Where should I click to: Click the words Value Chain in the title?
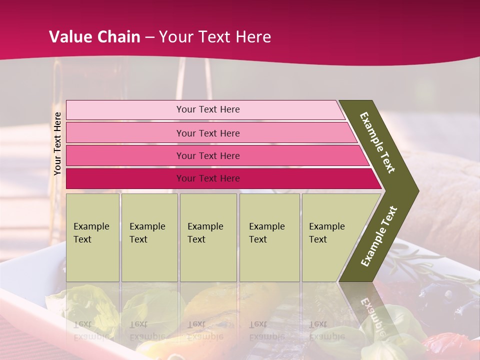(94, 37)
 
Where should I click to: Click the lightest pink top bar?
(125, 110)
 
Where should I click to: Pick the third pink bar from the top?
(125, 156)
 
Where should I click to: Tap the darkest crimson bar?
(125, 178)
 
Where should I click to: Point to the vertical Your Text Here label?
(58, 144)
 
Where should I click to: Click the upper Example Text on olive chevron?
(377, 142)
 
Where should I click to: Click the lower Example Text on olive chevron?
(379, 236)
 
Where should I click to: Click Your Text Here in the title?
(215, 37)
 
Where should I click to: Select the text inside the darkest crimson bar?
(208, 178)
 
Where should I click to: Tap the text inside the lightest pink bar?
(208, 109)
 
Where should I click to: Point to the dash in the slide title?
(149, 37)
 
